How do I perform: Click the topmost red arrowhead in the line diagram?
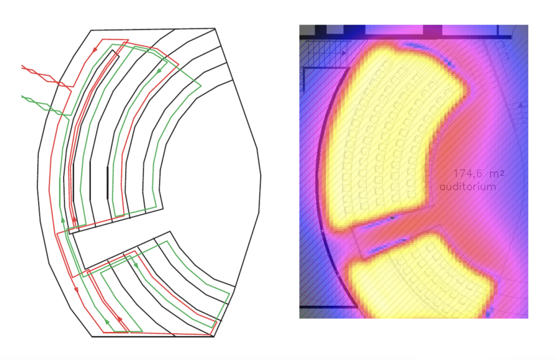click(95, 51)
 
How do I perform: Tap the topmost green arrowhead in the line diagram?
click(159, 71)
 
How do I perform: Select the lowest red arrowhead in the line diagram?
click(120, 320)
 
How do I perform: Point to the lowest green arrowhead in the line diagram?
click(107, 322)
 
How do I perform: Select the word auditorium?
click(468, 187)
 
